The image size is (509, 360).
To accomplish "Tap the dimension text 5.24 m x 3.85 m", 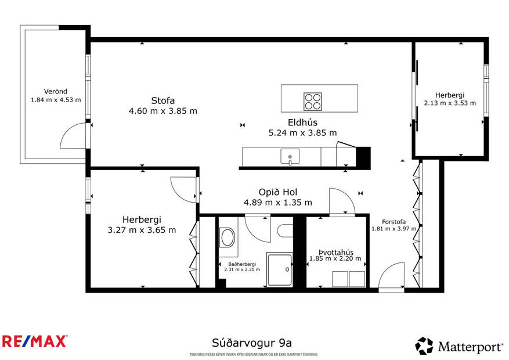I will (302, 133).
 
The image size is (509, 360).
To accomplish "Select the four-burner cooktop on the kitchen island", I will (312, 101).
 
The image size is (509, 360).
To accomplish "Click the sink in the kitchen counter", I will (290, 156).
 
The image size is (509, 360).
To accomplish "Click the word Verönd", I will (56, 91).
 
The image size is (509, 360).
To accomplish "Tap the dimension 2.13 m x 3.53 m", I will (450, 103).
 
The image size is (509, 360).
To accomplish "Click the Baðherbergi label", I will (241, 264).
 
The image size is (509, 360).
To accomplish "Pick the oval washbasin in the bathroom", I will (228, 237).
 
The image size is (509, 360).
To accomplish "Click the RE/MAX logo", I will (34, 341).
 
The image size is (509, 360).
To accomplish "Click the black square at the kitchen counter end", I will (363, 157).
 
